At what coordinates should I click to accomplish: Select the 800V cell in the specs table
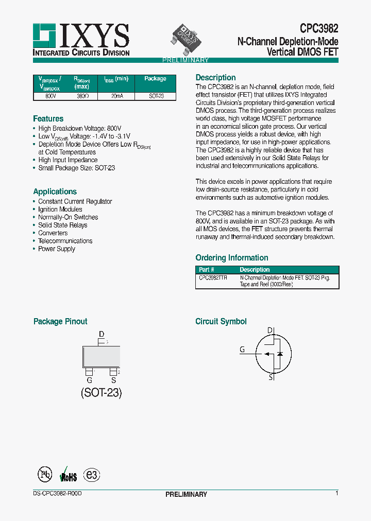[51, 96]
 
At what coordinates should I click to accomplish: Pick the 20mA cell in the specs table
[117, 96]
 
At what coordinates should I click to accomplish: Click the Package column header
[155, 79]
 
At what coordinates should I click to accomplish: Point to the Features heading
[48, 119]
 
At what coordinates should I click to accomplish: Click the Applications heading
[55, 192]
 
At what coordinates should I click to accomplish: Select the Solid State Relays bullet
[63, 225]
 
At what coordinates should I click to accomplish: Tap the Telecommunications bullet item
[65, 241]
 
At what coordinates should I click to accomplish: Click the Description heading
[215, 78]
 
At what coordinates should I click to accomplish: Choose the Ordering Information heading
[232, 258]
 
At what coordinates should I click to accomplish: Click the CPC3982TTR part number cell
[213, 277]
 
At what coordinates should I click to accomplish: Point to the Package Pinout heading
[60, 322]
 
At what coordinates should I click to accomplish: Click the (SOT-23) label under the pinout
[101, 393]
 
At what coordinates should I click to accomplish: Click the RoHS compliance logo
[69, 475]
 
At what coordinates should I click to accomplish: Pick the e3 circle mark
[92, 475]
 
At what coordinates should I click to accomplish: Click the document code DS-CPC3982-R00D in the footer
[54, 494]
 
